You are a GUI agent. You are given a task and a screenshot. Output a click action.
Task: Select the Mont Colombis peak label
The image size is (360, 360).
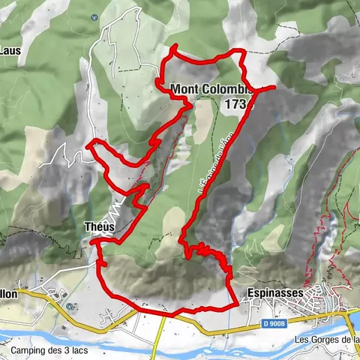coord(212,88)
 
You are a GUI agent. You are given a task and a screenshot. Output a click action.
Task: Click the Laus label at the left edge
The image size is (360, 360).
coord(9,52)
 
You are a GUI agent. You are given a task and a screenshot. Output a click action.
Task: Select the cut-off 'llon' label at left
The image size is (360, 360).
coord(9,295)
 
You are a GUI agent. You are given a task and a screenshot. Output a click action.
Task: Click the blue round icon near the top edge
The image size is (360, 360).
coord(93,17)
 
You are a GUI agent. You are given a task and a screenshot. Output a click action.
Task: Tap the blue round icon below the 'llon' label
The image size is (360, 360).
coord(69,306)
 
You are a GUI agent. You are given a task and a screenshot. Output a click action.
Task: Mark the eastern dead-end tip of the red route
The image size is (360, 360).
coord(275,88)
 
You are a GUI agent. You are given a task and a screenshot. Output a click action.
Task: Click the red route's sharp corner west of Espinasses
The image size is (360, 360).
coord(238,303)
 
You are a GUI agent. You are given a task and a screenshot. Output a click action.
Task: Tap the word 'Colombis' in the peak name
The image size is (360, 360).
coord(231,88)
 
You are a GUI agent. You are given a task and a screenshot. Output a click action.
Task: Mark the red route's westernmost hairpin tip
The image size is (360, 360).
coord(88,142)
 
